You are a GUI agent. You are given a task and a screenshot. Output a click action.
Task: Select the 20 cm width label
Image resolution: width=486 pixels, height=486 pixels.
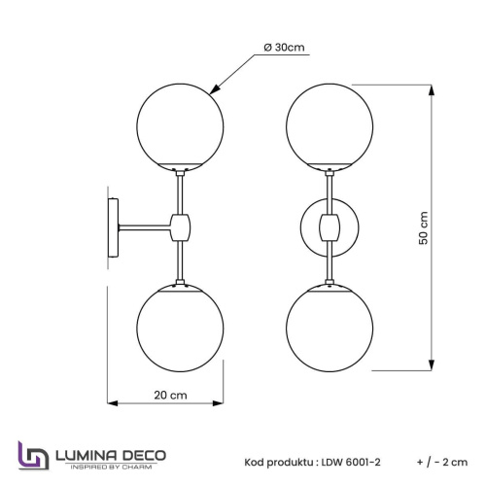(172, 396)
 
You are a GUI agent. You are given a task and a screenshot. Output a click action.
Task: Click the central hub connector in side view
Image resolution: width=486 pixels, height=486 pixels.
(180, 226)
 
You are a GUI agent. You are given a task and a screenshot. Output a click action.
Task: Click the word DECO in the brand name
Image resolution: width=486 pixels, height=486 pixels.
(143, 454)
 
